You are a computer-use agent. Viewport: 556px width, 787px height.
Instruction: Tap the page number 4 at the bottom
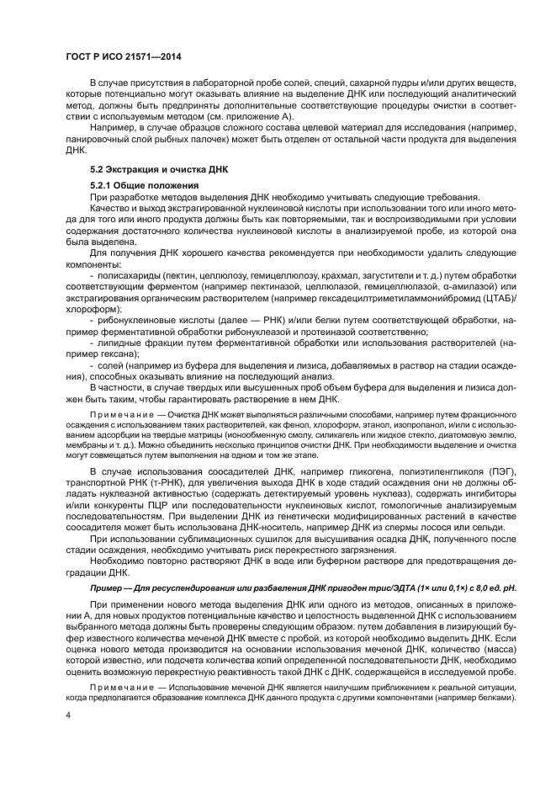point(70,715)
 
